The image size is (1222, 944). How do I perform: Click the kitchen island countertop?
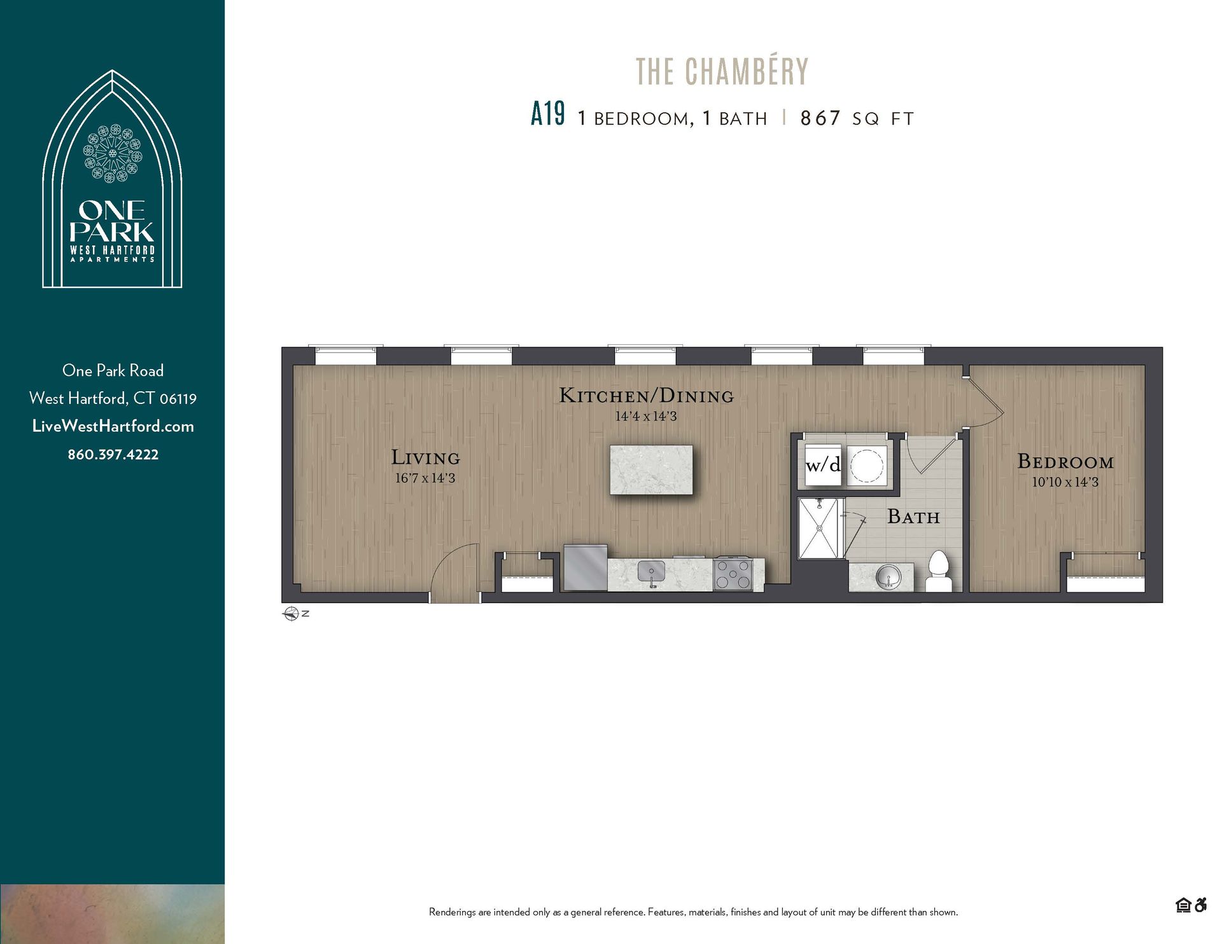(650, 469)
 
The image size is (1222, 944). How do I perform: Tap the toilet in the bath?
(938, 573)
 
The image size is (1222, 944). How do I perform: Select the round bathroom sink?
(888, 578)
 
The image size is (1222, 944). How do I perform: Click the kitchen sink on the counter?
(651, 572)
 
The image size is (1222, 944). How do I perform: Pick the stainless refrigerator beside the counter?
(585, 567)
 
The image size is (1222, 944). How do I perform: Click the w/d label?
(822, 465)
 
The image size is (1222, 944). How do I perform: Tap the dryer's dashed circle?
(867, 465)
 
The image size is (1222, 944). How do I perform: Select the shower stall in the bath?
(820, 528)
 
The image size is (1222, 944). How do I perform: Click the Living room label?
(425, 457)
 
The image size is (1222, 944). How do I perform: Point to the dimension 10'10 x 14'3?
(1065, 482)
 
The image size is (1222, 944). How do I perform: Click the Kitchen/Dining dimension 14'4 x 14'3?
(645, 417)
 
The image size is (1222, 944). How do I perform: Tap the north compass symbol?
(291, 614)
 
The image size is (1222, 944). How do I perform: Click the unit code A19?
(547, 115)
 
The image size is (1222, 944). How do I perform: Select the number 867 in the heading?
(820, 118)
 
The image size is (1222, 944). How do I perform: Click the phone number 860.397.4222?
(113, 454)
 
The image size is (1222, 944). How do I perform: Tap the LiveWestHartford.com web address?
(113, 426)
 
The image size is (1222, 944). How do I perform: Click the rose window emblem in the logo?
(113, 153)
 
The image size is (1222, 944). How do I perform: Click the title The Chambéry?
(722, 71)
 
